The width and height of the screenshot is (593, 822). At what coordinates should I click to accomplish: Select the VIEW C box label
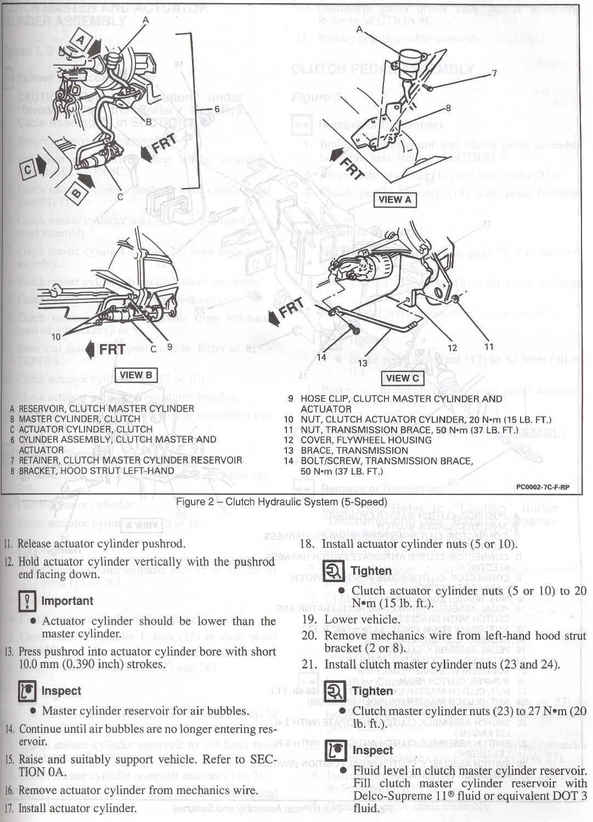coord(402,378)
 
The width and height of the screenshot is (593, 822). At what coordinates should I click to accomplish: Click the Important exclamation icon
coord(27,602)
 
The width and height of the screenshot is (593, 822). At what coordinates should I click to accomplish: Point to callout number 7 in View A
coord(494,73)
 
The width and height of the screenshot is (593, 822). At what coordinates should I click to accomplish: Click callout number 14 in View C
coord(321,357)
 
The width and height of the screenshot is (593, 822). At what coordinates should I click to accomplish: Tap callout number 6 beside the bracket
coord(217,109)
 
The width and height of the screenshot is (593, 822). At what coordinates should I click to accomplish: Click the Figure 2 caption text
coord(281,502)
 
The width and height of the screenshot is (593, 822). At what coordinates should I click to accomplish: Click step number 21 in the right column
coord(309,664)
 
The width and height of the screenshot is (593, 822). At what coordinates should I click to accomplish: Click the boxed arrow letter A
coord(81,40)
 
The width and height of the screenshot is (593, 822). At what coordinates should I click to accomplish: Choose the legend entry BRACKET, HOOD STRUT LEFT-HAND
coord(96,471)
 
